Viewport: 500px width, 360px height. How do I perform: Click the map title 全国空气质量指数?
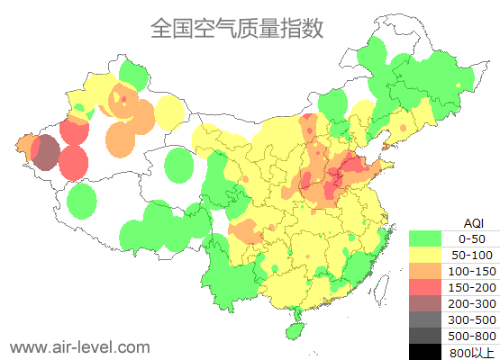pyautogui.click(x=237, y=28)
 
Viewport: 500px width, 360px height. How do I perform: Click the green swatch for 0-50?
pyautogui.click(x=425, y=239)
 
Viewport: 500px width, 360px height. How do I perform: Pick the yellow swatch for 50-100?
pyautogui.click(x=425, y=255)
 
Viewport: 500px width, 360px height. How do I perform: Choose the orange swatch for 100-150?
pyautogui.click(x=425, y=271)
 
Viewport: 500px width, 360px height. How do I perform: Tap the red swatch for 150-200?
pyautogui.click(x=425, y=287)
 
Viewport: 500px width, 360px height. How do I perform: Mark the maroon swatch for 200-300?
pyautogui.click(x=425, y=303)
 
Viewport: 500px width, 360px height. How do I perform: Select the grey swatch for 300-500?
pyautogui.click(x=425, y=319)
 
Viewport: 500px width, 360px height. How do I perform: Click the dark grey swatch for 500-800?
pyautogui.click(x=425, y=336)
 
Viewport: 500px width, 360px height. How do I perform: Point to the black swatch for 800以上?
pyautogui.click(x=425, y=351)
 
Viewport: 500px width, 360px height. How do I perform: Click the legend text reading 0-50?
pyautogui.click(x=471, y=239)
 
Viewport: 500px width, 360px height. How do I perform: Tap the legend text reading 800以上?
pyautogui.click(x=471, y=352)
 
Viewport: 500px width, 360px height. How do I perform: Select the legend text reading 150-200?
pyautogui.click(x=471, y=287)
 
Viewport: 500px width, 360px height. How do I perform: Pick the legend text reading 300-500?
pyautogui.click(x=471, y=319)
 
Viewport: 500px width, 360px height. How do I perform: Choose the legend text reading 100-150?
pyautogui.click(x=471, y=271)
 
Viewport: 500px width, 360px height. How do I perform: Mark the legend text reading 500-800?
pyautogui.click(x=471, y=336)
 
